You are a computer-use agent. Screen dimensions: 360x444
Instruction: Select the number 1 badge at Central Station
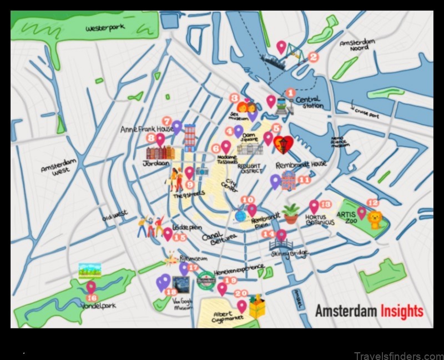(x=290, y=93)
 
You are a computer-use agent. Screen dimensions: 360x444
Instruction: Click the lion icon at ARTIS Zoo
(x=376, y=220)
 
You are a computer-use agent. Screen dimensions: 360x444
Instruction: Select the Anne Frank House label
(x=147, y=129)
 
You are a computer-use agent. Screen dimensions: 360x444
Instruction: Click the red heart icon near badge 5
(x=284, y=144)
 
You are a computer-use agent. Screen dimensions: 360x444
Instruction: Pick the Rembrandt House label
(x=301, y=165)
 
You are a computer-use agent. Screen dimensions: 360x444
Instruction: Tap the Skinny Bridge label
(x=289, y=253)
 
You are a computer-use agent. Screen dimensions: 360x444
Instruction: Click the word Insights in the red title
(x=402, y=311)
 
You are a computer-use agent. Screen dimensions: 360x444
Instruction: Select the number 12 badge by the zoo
(x=373, y=203)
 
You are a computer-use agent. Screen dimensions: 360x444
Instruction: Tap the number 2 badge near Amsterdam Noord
(x=313, y=56)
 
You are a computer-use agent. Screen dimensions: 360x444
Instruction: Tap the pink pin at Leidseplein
(x=168, y=233)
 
